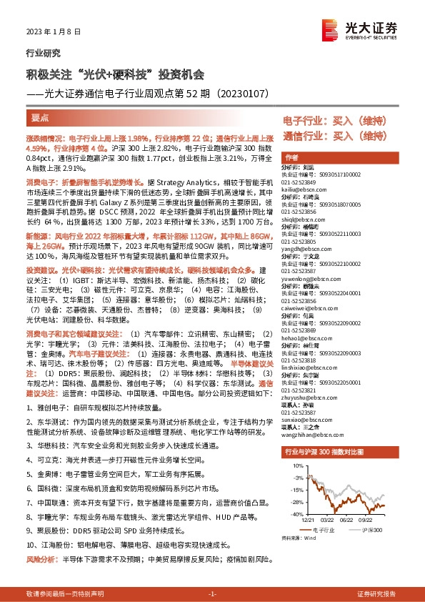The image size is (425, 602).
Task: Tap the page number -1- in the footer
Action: click(212, 594)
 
